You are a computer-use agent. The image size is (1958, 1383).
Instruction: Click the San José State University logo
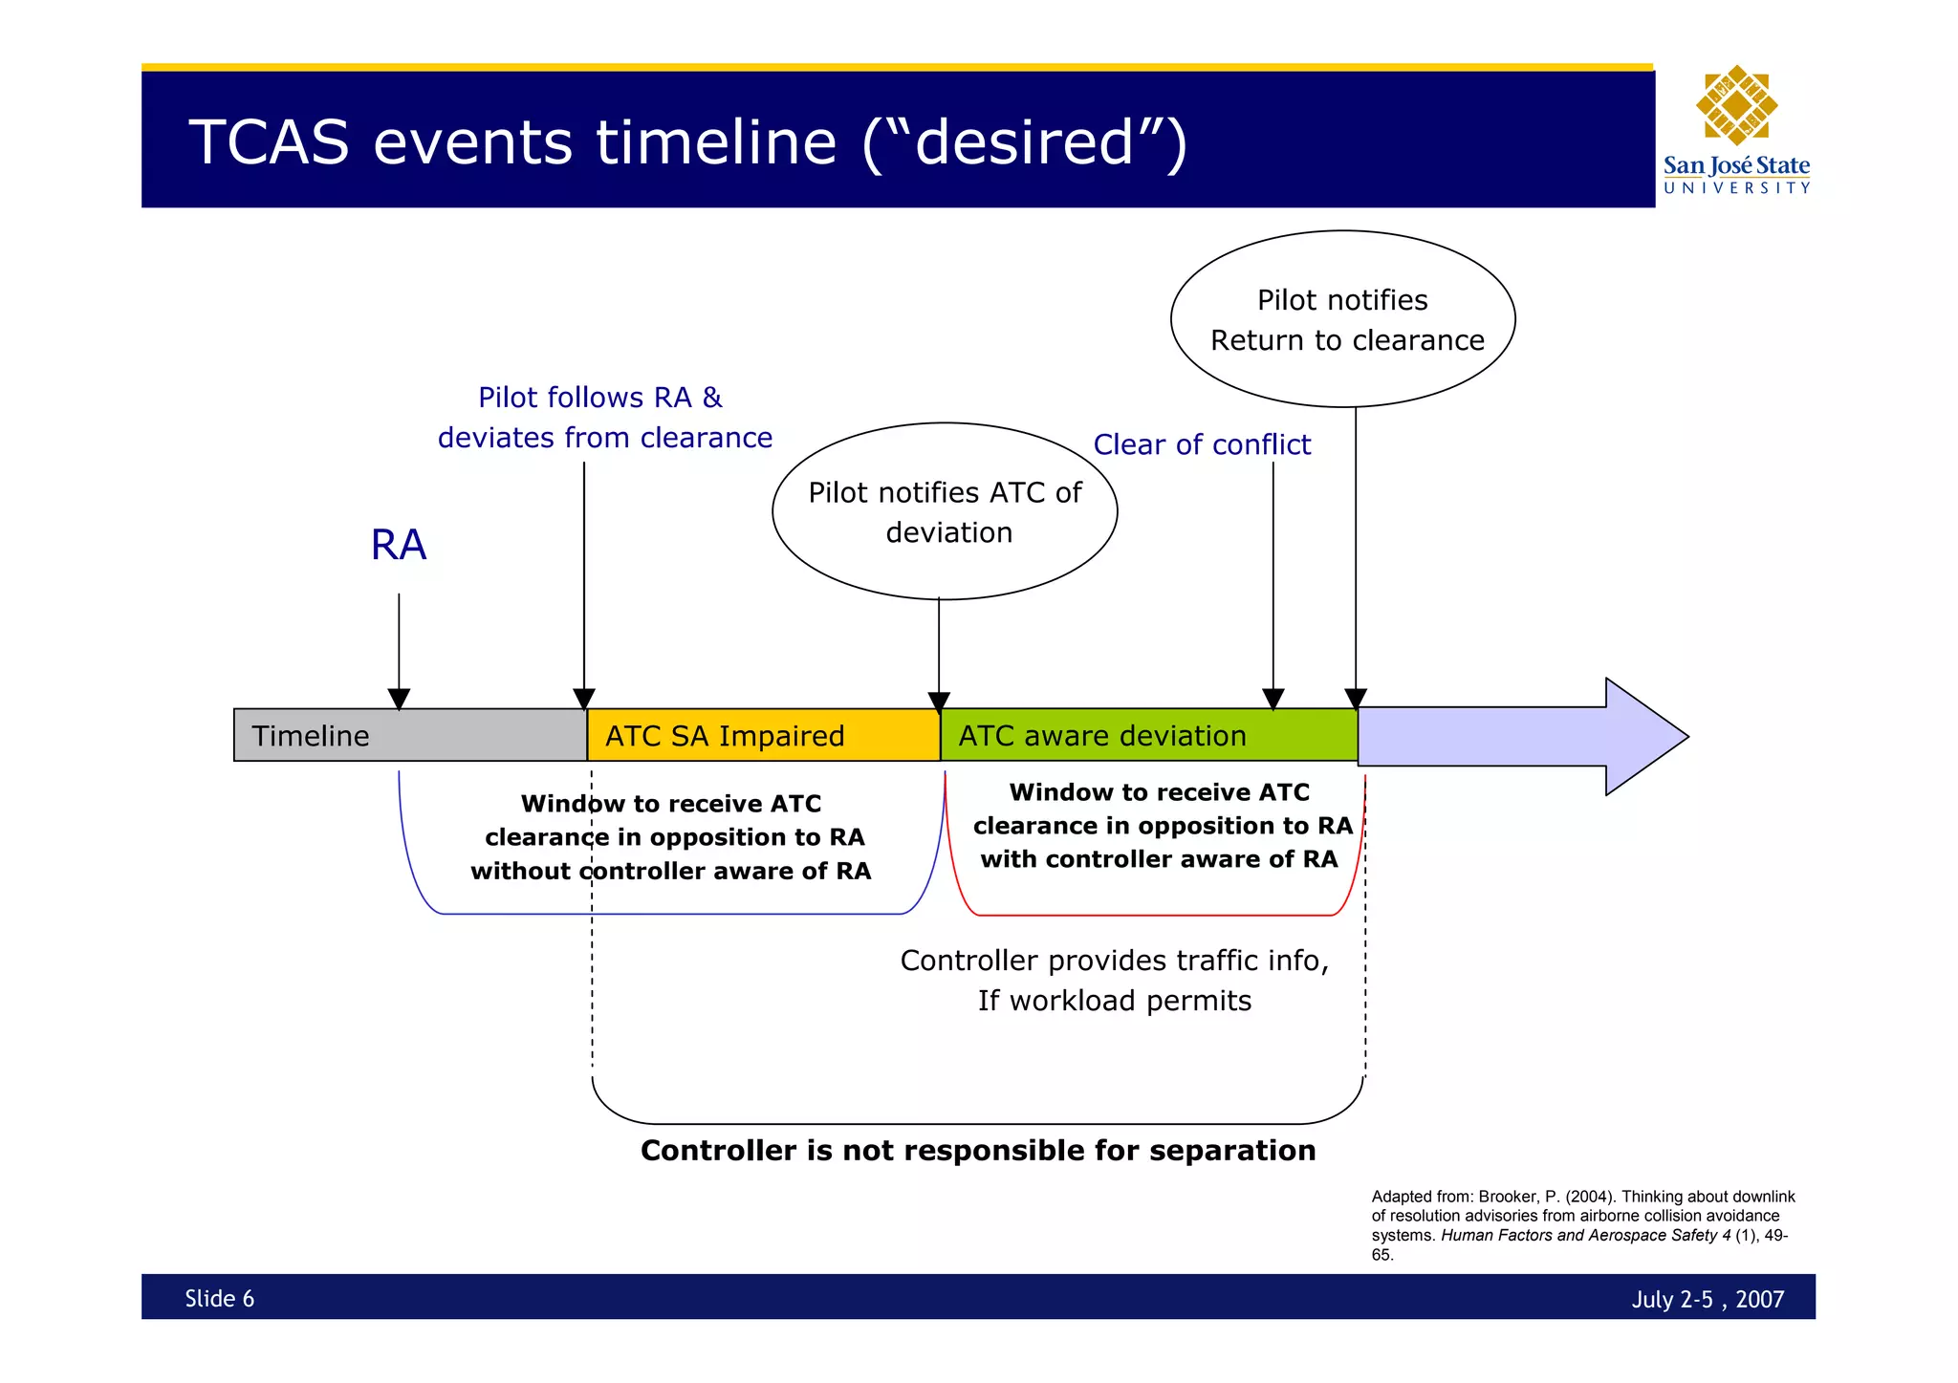pos(1736,130)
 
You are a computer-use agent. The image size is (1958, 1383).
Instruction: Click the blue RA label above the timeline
pos(398,545)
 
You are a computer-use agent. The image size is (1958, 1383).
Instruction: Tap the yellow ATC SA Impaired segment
pos(763,735)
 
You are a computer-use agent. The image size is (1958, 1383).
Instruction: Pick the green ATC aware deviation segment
pos(1147,735)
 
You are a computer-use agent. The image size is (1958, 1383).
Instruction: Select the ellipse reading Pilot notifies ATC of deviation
pos(945,511)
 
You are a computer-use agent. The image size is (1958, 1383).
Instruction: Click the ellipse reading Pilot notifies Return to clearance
pos(1342,319)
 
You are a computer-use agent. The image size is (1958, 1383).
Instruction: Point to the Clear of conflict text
pos(1202,444)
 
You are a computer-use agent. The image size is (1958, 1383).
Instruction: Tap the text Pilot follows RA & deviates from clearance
pos(604,418)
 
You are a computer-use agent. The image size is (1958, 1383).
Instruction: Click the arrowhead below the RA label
pos(399,700)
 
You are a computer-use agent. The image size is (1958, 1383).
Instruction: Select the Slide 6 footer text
pos(219,1298)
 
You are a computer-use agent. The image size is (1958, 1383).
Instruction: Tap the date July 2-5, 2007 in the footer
pos(1707,1299)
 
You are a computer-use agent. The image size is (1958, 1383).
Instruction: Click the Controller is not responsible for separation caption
pos(977,1150)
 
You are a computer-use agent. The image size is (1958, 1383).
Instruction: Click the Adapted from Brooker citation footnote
pos(1582,1224)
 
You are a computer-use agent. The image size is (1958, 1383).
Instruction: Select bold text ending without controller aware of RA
pos(670,837)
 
